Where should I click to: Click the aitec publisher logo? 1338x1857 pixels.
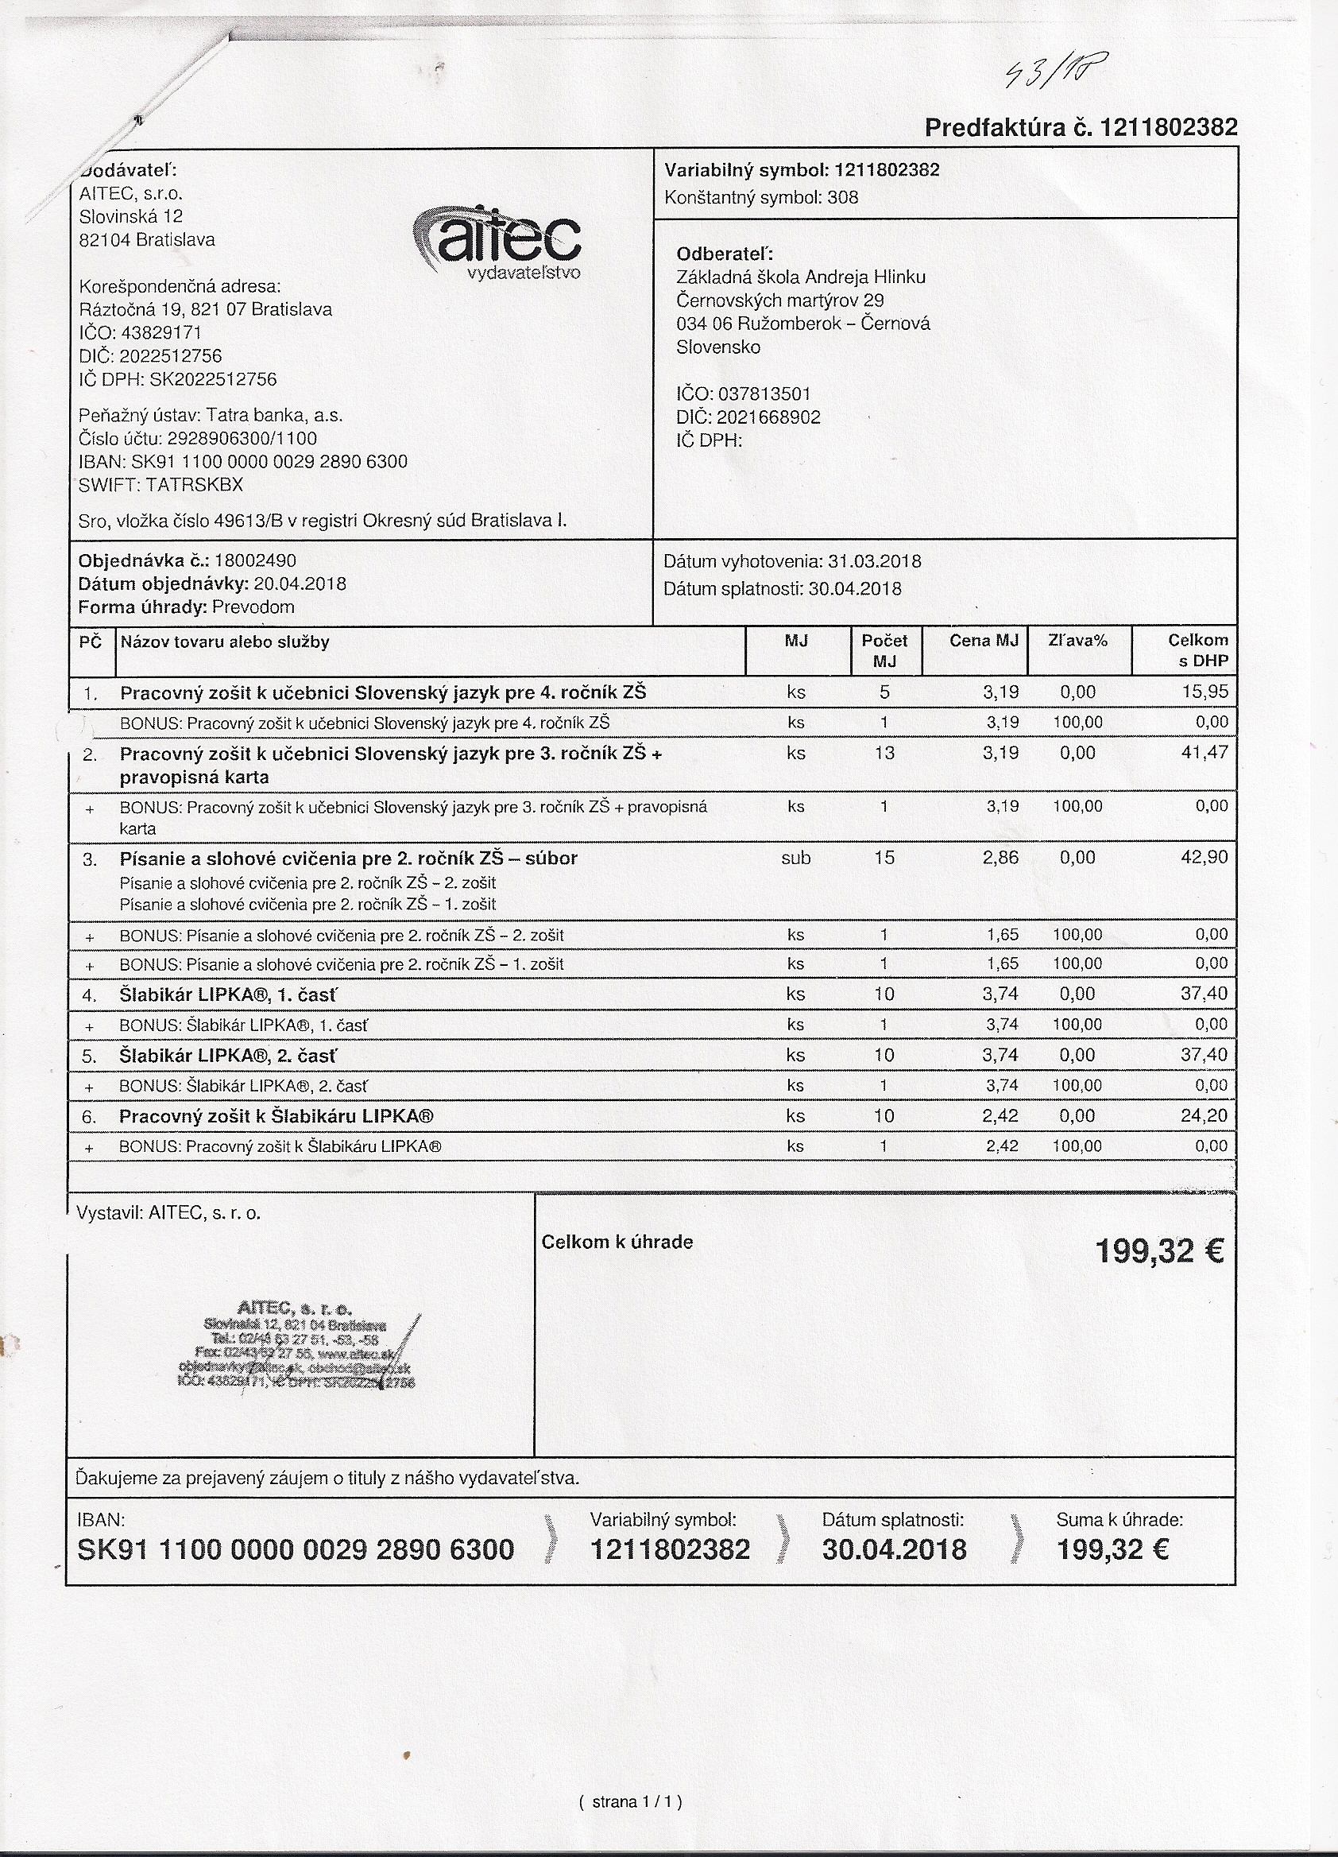[498, 241]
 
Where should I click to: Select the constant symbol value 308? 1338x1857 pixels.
[843, 197]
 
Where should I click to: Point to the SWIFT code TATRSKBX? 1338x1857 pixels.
[194, 485]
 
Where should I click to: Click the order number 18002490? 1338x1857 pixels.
[254, 561]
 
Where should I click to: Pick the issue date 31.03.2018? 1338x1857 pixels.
[874, 562]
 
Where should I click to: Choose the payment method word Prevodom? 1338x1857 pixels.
[253, 607]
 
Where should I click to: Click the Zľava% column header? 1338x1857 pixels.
[1077, 641]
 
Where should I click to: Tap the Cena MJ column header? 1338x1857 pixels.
[984, 641]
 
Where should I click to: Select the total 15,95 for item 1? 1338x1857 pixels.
[1205, 692]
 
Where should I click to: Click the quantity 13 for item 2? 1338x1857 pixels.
[884, 754]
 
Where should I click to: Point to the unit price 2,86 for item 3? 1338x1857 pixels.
[1000, 858]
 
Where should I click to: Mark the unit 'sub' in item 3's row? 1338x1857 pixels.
[795, 858]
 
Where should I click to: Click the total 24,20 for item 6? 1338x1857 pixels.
[1204, 1116]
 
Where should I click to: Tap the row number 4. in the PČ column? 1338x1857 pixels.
[89, 995]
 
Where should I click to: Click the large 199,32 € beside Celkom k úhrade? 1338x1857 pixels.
[1158, 1252]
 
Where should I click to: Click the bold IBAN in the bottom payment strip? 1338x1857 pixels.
[296, 1550]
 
